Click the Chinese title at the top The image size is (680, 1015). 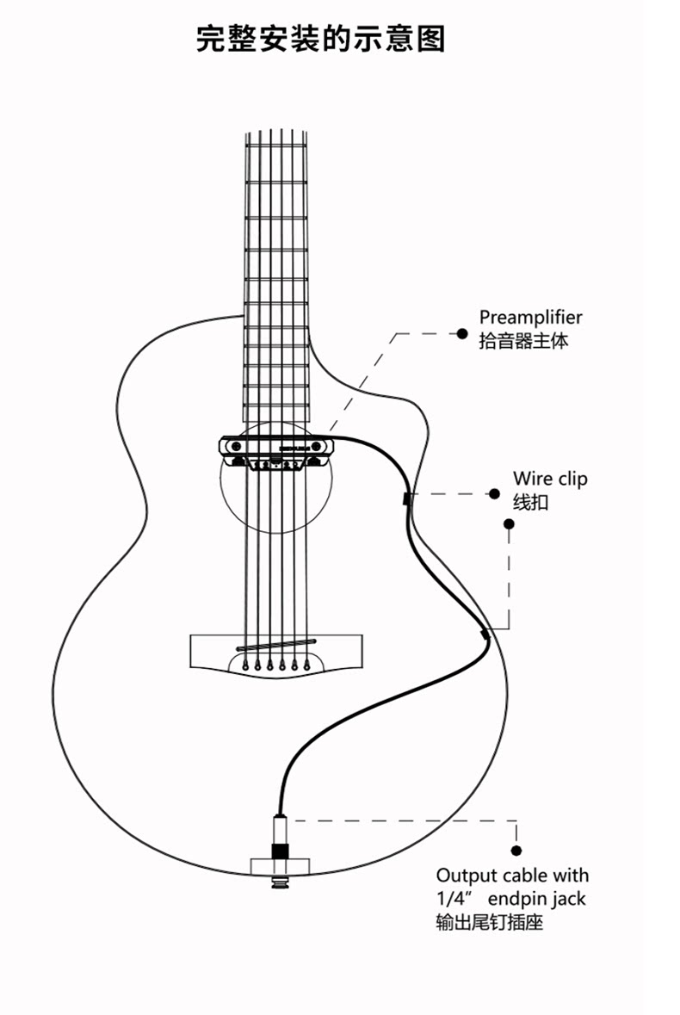pyautogui.click(x=320, y=40)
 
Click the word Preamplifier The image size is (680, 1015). pyautogui.click(x=530, y=318)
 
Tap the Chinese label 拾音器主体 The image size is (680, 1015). pyautogui.click(x=523, y=341)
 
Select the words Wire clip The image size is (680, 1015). pyautogui.click(x=550, y=479)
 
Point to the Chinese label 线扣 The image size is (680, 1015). pyautogui.click(x=530, y=502)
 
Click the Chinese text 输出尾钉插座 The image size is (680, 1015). pyautogui.click(x=490, y=923)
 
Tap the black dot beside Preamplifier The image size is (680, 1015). pyautogui.click(x=461, y=332)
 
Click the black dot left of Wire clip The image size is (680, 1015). pyautogui.click(x=494, y=494)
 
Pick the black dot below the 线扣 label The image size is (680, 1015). pyautogui.click(x=509, y=523)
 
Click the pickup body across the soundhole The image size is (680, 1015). pyautogui.click(x=275, y=446)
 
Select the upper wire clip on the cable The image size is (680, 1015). pyautogui.click(x=406, y=498)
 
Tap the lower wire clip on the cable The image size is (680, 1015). pyautogui.click(x=485, y=634)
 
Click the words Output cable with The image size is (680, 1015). pyautogui.click(x=512, y=876)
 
